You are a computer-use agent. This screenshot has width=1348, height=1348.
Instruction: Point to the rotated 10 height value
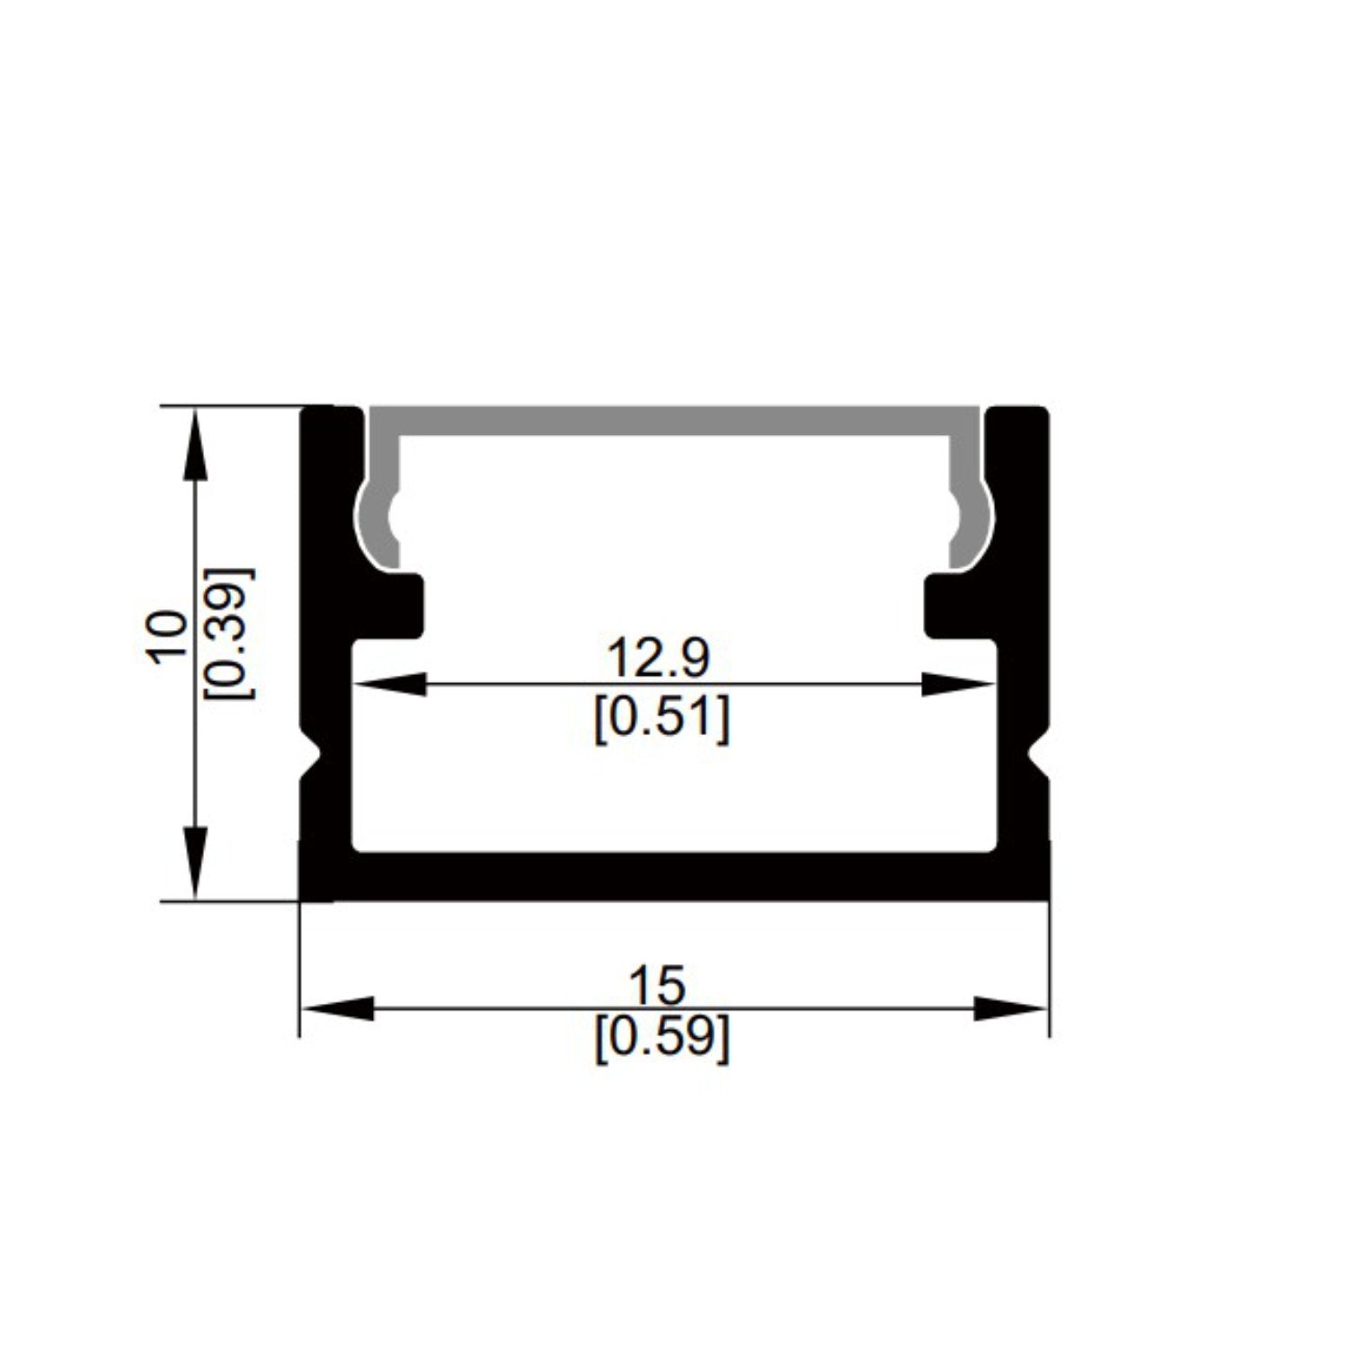168,637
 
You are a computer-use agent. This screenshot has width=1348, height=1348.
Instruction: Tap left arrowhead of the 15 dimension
336,1008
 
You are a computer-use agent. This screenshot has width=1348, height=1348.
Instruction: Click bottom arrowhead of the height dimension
194,863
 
